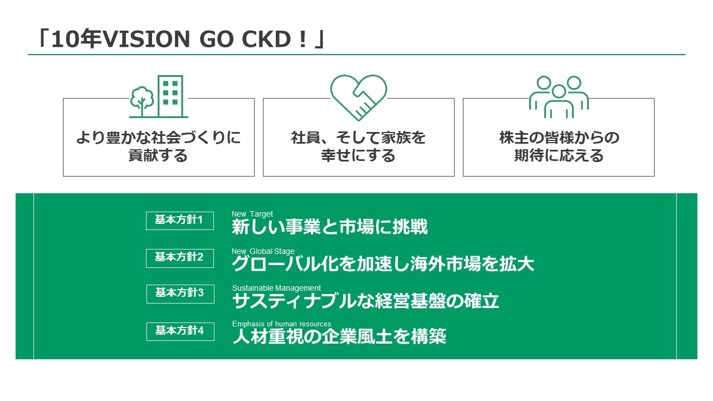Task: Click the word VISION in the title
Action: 146,40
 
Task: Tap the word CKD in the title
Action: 266,40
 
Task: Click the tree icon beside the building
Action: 142,101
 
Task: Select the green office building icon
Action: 170,96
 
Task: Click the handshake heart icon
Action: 358,97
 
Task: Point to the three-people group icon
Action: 559,97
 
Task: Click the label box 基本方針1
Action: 180,221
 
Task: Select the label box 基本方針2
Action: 180,258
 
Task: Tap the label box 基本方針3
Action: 180,294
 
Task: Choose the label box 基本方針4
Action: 180,331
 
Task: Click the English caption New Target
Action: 252,214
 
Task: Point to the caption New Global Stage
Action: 263,251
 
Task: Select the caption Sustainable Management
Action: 276,288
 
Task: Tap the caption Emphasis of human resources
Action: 281,324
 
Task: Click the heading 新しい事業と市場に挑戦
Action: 329,227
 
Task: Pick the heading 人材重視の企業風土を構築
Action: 339,336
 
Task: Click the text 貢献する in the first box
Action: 158,155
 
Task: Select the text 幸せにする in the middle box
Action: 358,155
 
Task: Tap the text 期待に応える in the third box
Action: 559,155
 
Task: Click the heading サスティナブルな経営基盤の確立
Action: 365,301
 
